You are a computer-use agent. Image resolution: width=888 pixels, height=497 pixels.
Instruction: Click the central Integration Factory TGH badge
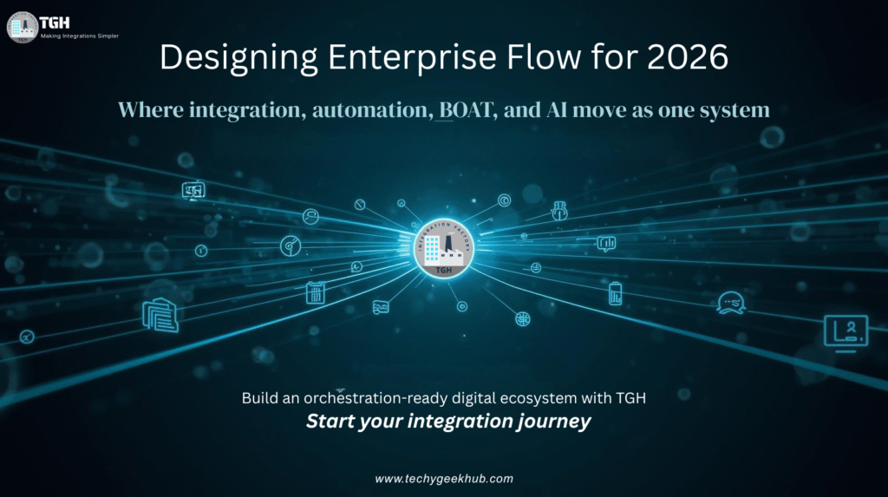click(x=443, y=249)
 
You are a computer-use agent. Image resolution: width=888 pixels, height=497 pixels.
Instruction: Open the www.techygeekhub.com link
click(x=444, y=479)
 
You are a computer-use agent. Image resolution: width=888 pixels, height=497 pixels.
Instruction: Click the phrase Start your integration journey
click(x=448, y=422)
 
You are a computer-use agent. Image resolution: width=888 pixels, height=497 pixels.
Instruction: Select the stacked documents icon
click(x=160, y=314)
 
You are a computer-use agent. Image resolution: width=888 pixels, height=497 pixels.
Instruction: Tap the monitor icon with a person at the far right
click(x=846, y=330)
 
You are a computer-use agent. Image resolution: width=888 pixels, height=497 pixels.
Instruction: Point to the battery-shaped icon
click(x=615, y=293)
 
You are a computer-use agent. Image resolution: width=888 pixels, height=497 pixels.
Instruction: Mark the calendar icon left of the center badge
click(x=315, y=292)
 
